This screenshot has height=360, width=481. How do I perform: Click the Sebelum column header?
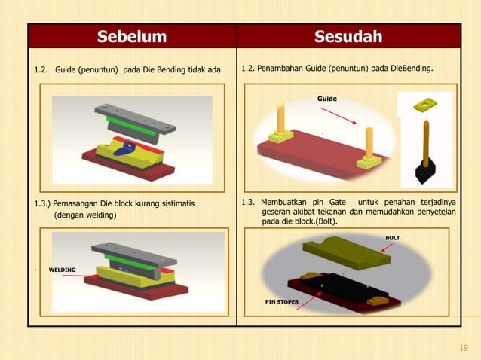coord(132,36)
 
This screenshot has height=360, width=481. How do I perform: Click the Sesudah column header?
coord(348,36)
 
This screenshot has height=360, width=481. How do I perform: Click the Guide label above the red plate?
coord(326,99)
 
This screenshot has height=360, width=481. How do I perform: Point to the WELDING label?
coord(62,269)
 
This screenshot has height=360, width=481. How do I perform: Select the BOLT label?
coord(393,238)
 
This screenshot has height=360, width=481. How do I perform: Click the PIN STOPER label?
coord(281,302)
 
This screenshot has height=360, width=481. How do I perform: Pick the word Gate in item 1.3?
coord(342,202)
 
